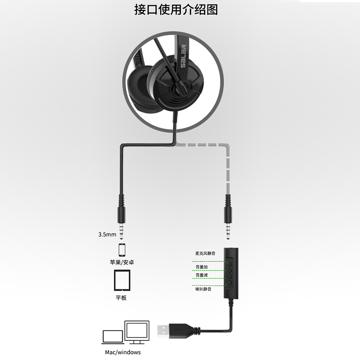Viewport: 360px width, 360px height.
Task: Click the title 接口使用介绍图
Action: click(x=180, y=10)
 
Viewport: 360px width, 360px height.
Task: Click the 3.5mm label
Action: click(x=107, y=234)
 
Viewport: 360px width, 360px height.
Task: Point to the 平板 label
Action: click(x=121, y=297)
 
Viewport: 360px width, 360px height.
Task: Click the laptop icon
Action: click(x=112, y=337)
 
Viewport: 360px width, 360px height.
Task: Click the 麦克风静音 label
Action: click(x=205, y=253)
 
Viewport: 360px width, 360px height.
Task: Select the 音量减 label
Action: click(x=201, y=274)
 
